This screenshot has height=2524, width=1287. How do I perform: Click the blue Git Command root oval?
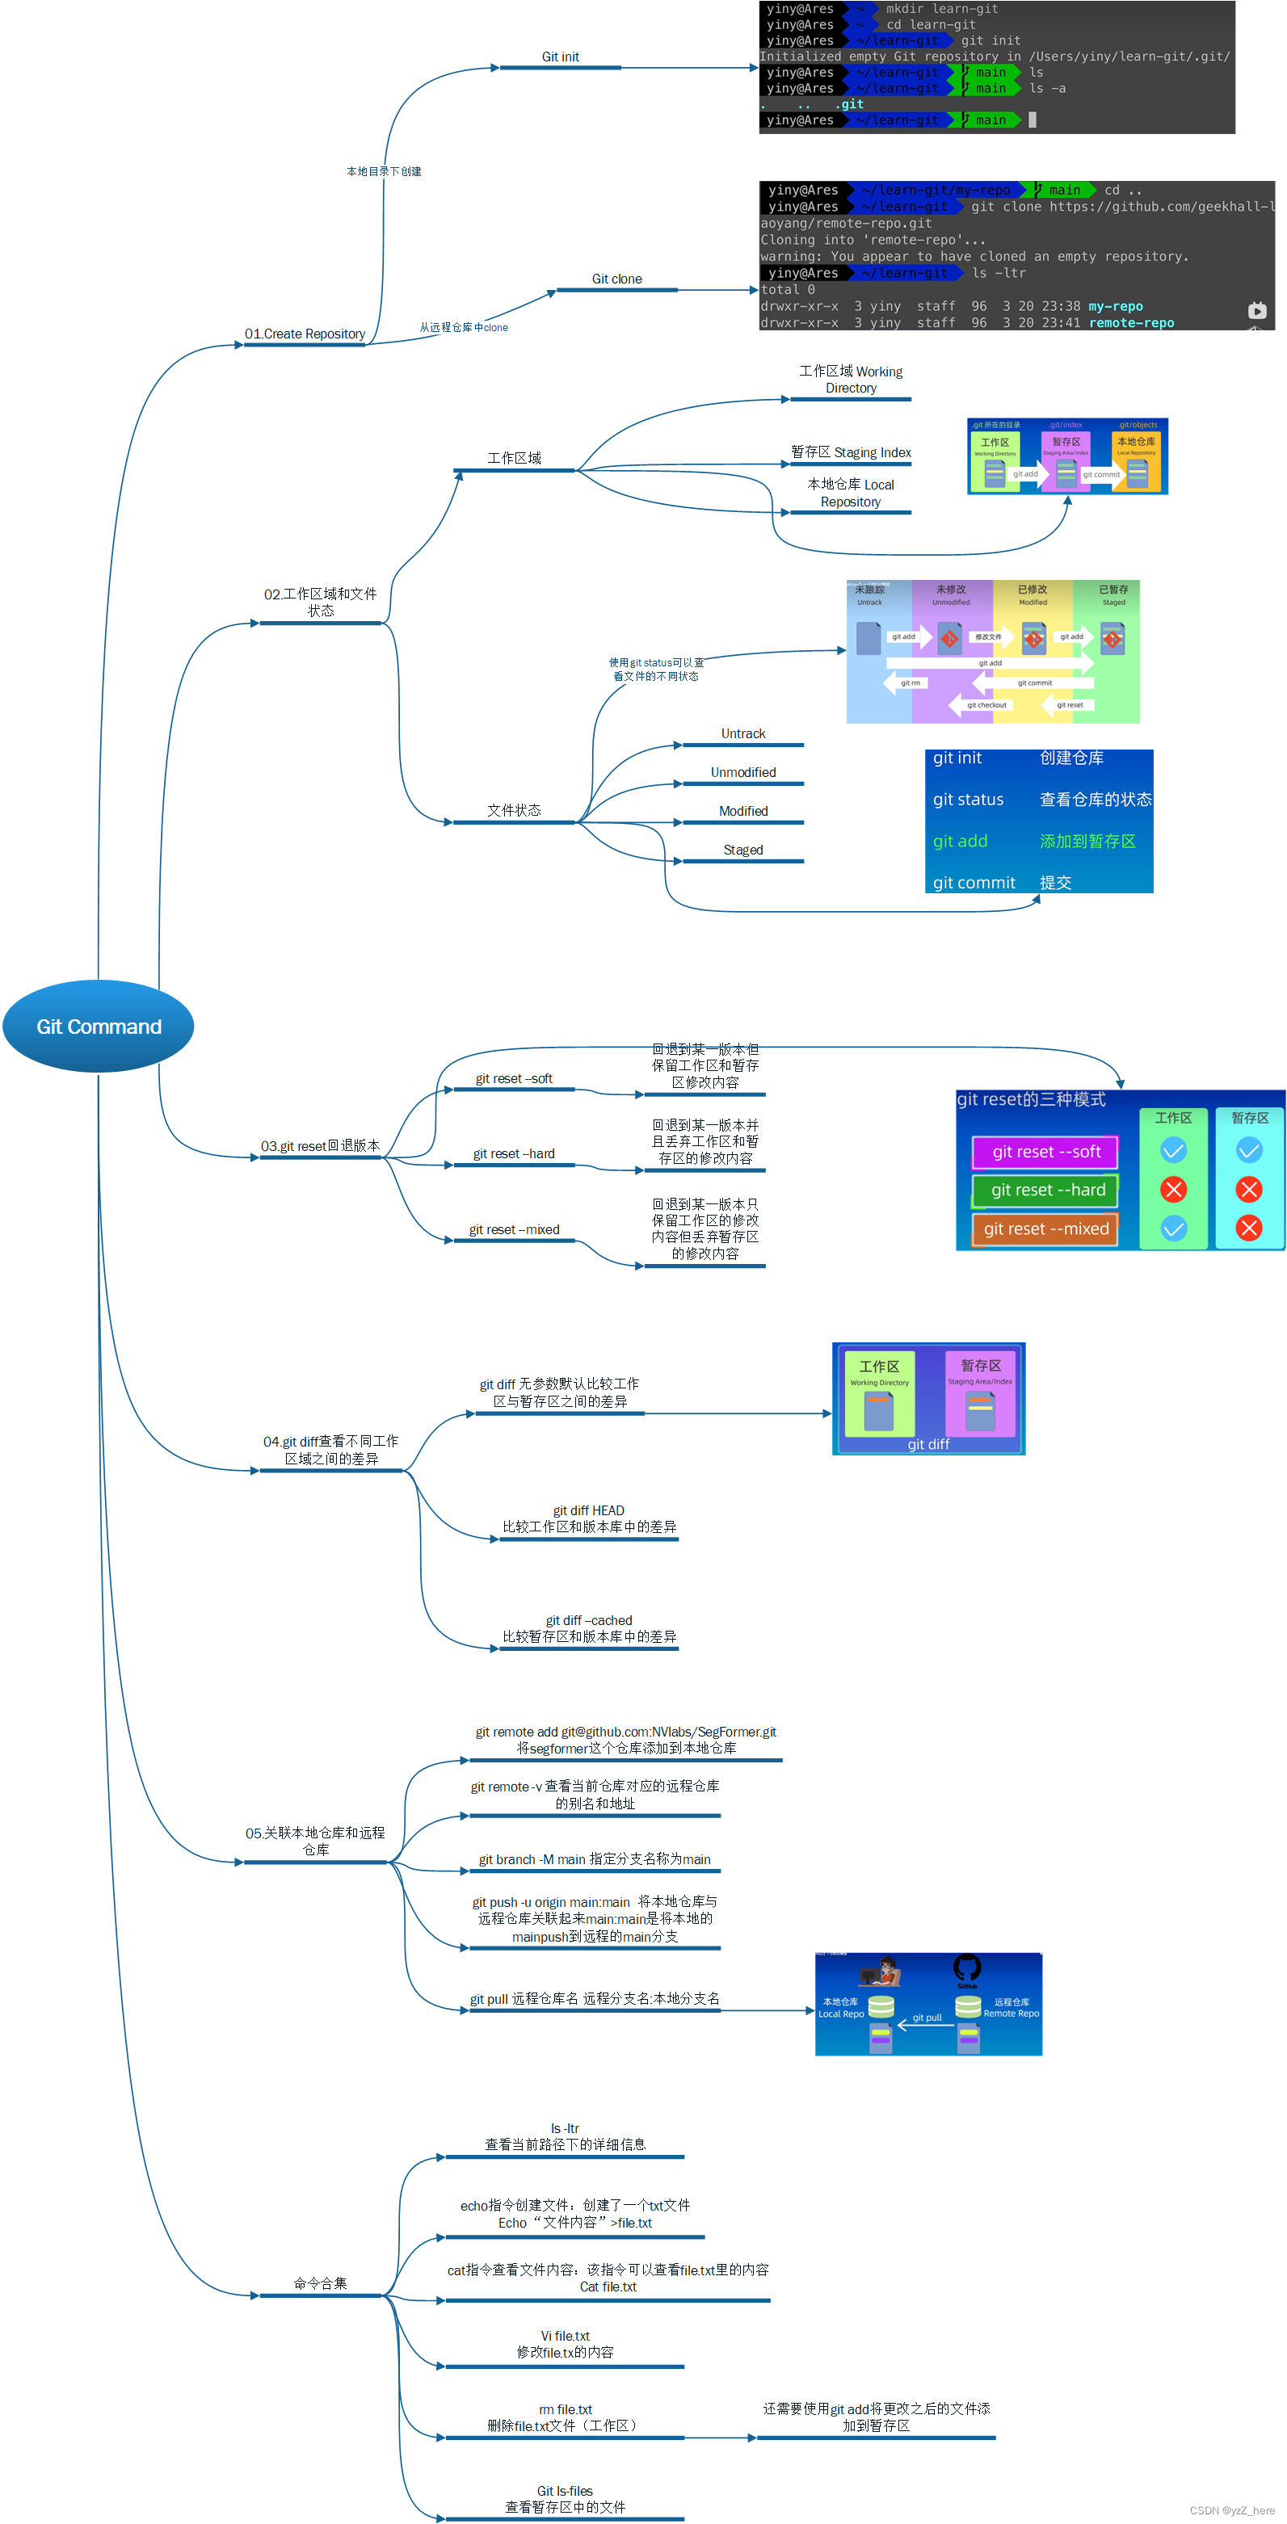tap(98, 1026)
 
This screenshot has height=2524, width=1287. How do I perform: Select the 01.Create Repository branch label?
tap(305, 334)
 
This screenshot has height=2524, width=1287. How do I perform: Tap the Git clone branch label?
tap(616, 279)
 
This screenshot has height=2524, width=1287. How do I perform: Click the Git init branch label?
tap(560, 57)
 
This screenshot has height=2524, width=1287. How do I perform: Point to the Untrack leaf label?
tap(743, 734)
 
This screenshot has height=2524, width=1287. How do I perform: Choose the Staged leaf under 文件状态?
tap(743, 850)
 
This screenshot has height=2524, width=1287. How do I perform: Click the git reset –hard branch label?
tap(514, 1153)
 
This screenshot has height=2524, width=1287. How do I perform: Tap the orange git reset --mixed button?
tap(1046, 1228)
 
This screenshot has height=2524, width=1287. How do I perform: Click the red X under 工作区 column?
tap(1173, 1190)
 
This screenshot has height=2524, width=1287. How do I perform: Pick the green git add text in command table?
tap(960, 841)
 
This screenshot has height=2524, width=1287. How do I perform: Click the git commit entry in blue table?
tap(974, 883)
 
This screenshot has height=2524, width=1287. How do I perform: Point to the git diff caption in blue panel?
tap(927, 1444)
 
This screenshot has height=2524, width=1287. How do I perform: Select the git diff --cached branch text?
tap(588, 1621)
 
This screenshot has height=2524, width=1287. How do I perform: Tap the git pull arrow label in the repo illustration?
tap(927, 2018)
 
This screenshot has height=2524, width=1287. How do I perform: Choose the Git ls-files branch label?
tap(565, 2491)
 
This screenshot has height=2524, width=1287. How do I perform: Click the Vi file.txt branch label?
tap(565, 2336)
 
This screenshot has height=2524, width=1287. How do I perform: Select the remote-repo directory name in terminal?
tap(1130, 322)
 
